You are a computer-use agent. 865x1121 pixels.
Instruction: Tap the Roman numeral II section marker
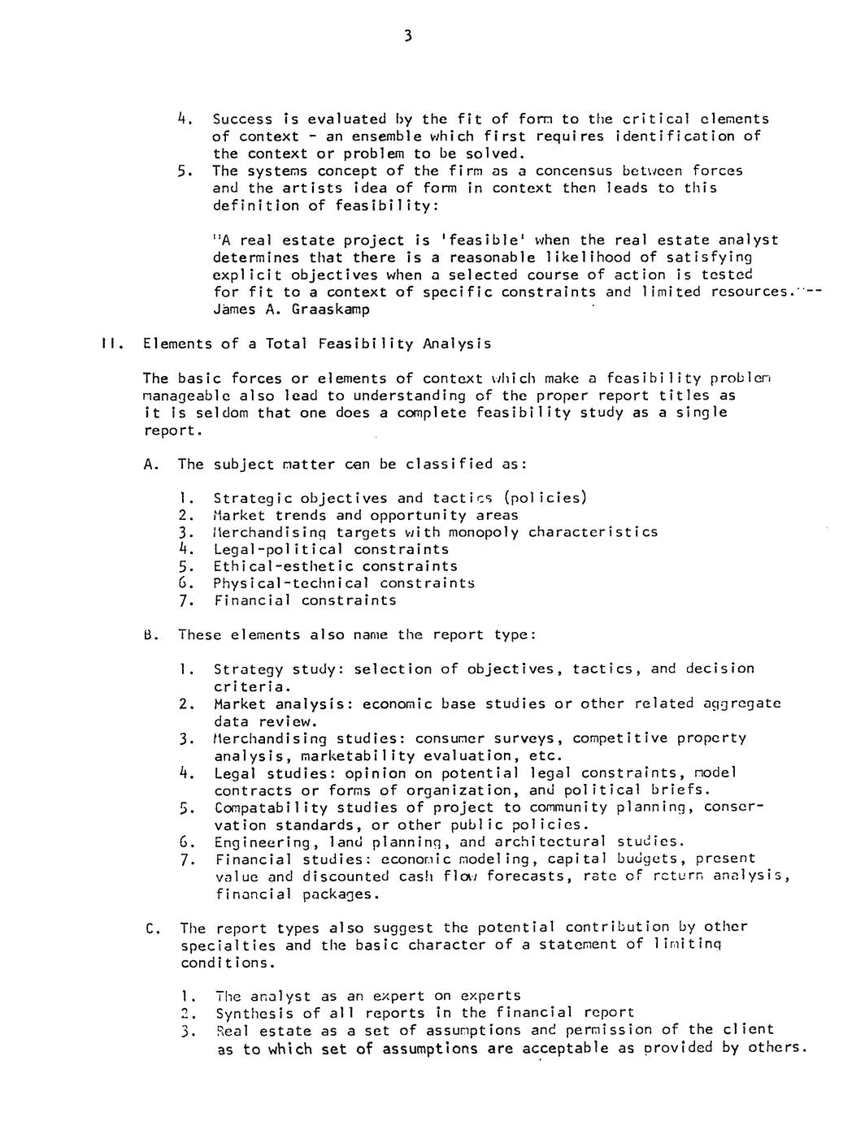(112, 344)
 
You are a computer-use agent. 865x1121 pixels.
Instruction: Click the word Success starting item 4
(242, 119)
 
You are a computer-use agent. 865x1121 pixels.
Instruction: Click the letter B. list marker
(150, 634)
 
